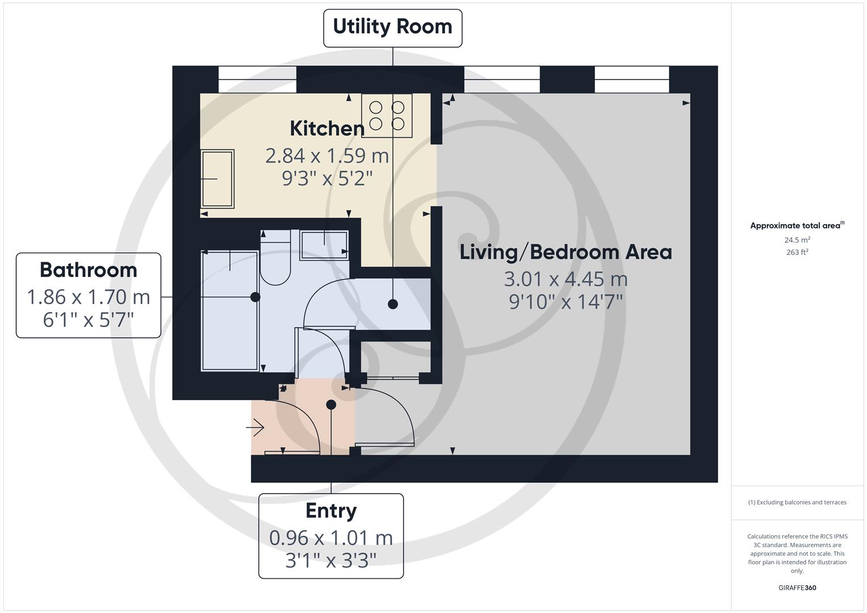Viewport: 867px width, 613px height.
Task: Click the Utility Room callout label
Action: [x=392, y=27]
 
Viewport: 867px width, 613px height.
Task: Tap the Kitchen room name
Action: [x=327, y=128]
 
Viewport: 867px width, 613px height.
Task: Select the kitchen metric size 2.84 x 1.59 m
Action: [x=327, y=156]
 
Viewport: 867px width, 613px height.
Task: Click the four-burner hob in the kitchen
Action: [x=387, y=115]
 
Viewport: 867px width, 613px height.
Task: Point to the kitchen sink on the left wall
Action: [x=217, y=178]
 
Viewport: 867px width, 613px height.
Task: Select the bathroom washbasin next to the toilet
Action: [x=324, y=245]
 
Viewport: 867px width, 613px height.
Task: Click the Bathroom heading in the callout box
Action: [x=89, y=270]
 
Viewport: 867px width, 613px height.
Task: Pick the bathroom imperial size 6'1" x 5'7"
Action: [x=89, y=320]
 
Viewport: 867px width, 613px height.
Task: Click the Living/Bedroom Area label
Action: [x=566, y=252]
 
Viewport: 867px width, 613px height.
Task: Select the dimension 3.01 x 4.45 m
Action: [x=566, y=279]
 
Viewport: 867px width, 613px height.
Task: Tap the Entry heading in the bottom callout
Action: [x=331, y=511]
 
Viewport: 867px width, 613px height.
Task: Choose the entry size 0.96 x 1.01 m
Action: [x=331, y=538]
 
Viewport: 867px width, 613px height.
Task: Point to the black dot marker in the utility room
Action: [x=392, y=304]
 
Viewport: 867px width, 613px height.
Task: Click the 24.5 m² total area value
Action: [x=797, y=240]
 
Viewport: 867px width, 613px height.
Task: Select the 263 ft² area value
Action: [x=797, y=253]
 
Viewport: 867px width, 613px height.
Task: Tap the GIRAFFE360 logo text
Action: [x=797, y=588]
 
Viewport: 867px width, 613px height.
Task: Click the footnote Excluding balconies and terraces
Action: [x=797, y=502]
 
